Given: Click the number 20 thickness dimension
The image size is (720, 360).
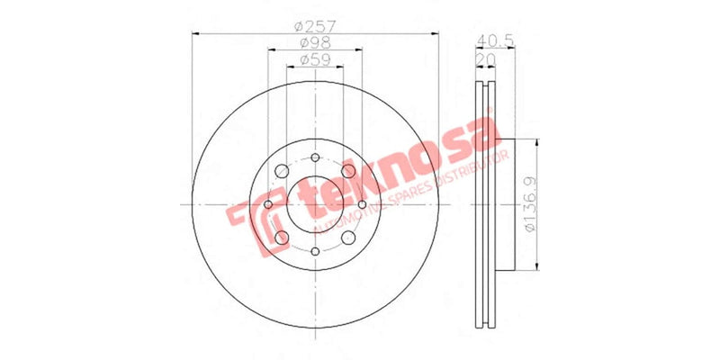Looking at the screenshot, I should point(486,57).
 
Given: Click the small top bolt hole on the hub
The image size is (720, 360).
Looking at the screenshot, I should point(315,159).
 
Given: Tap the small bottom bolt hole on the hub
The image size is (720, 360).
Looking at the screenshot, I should point(315,252).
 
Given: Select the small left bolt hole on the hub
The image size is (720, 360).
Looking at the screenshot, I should point(268,205).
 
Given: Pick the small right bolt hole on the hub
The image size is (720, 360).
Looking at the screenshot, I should point(362,205).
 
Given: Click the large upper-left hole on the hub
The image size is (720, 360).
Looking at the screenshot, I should point(282,172).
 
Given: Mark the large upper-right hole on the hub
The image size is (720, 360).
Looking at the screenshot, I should point(348,172).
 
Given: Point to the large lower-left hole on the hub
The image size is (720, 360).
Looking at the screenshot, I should point(282,238).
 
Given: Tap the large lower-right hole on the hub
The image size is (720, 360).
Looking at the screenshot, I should point(348,238).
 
